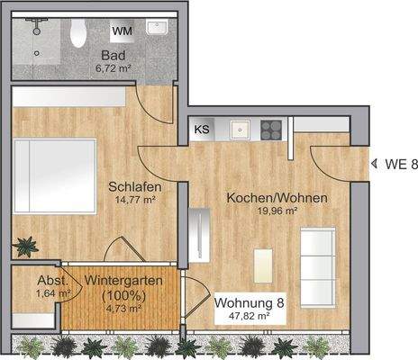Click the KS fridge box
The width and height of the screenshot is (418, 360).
point(202,130)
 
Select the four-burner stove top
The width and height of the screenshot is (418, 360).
point(272,130)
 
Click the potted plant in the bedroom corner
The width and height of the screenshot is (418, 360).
point(27,245)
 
